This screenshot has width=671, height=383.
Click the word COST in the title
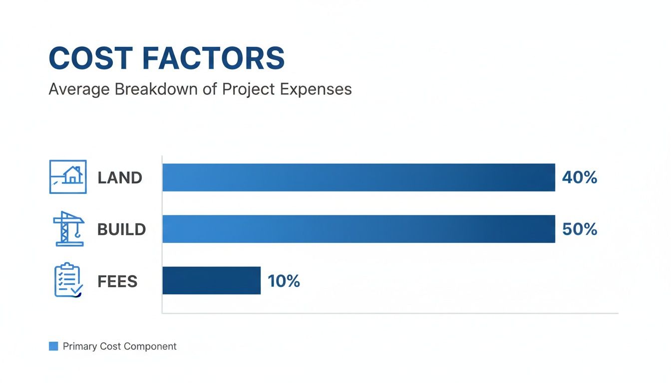coord(91,58)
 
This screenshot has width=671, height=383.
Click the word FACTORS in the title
coord(213,58)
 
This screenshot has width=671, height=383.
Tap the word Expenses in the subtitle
coord(316,89)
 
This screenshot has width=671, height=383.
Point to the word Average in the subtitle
coord(79,89)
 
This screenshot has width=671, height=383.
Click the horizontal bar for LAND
coord(358,178)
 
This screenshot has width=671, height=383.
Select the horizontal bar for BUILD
coord(358,229)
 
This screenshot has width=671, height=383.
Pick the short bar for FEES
coord(211,281)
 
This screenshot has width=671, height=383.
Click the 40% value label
coord(579,178)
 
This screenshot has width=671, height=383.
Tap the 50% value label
coord(579,229)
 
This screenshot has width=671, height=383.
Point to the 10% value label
coord(284,281)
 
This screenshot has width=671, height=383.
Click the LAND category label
coord(120,178)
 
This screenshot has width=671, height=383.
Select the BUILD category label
coord(121,230)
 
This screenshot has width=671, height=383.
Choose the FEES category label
coord(117,282)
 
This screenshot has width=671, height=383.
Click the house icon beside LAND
coord(68,177)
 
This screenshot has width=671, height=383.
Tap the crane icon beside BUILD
coord(68,229)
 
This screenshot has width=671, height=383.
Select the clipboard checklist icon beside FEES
coord(67,281)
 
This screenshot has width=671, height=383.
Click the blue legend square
coord(53,346)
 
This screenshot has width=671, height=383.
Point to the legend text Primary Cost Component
coord(119,346)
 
